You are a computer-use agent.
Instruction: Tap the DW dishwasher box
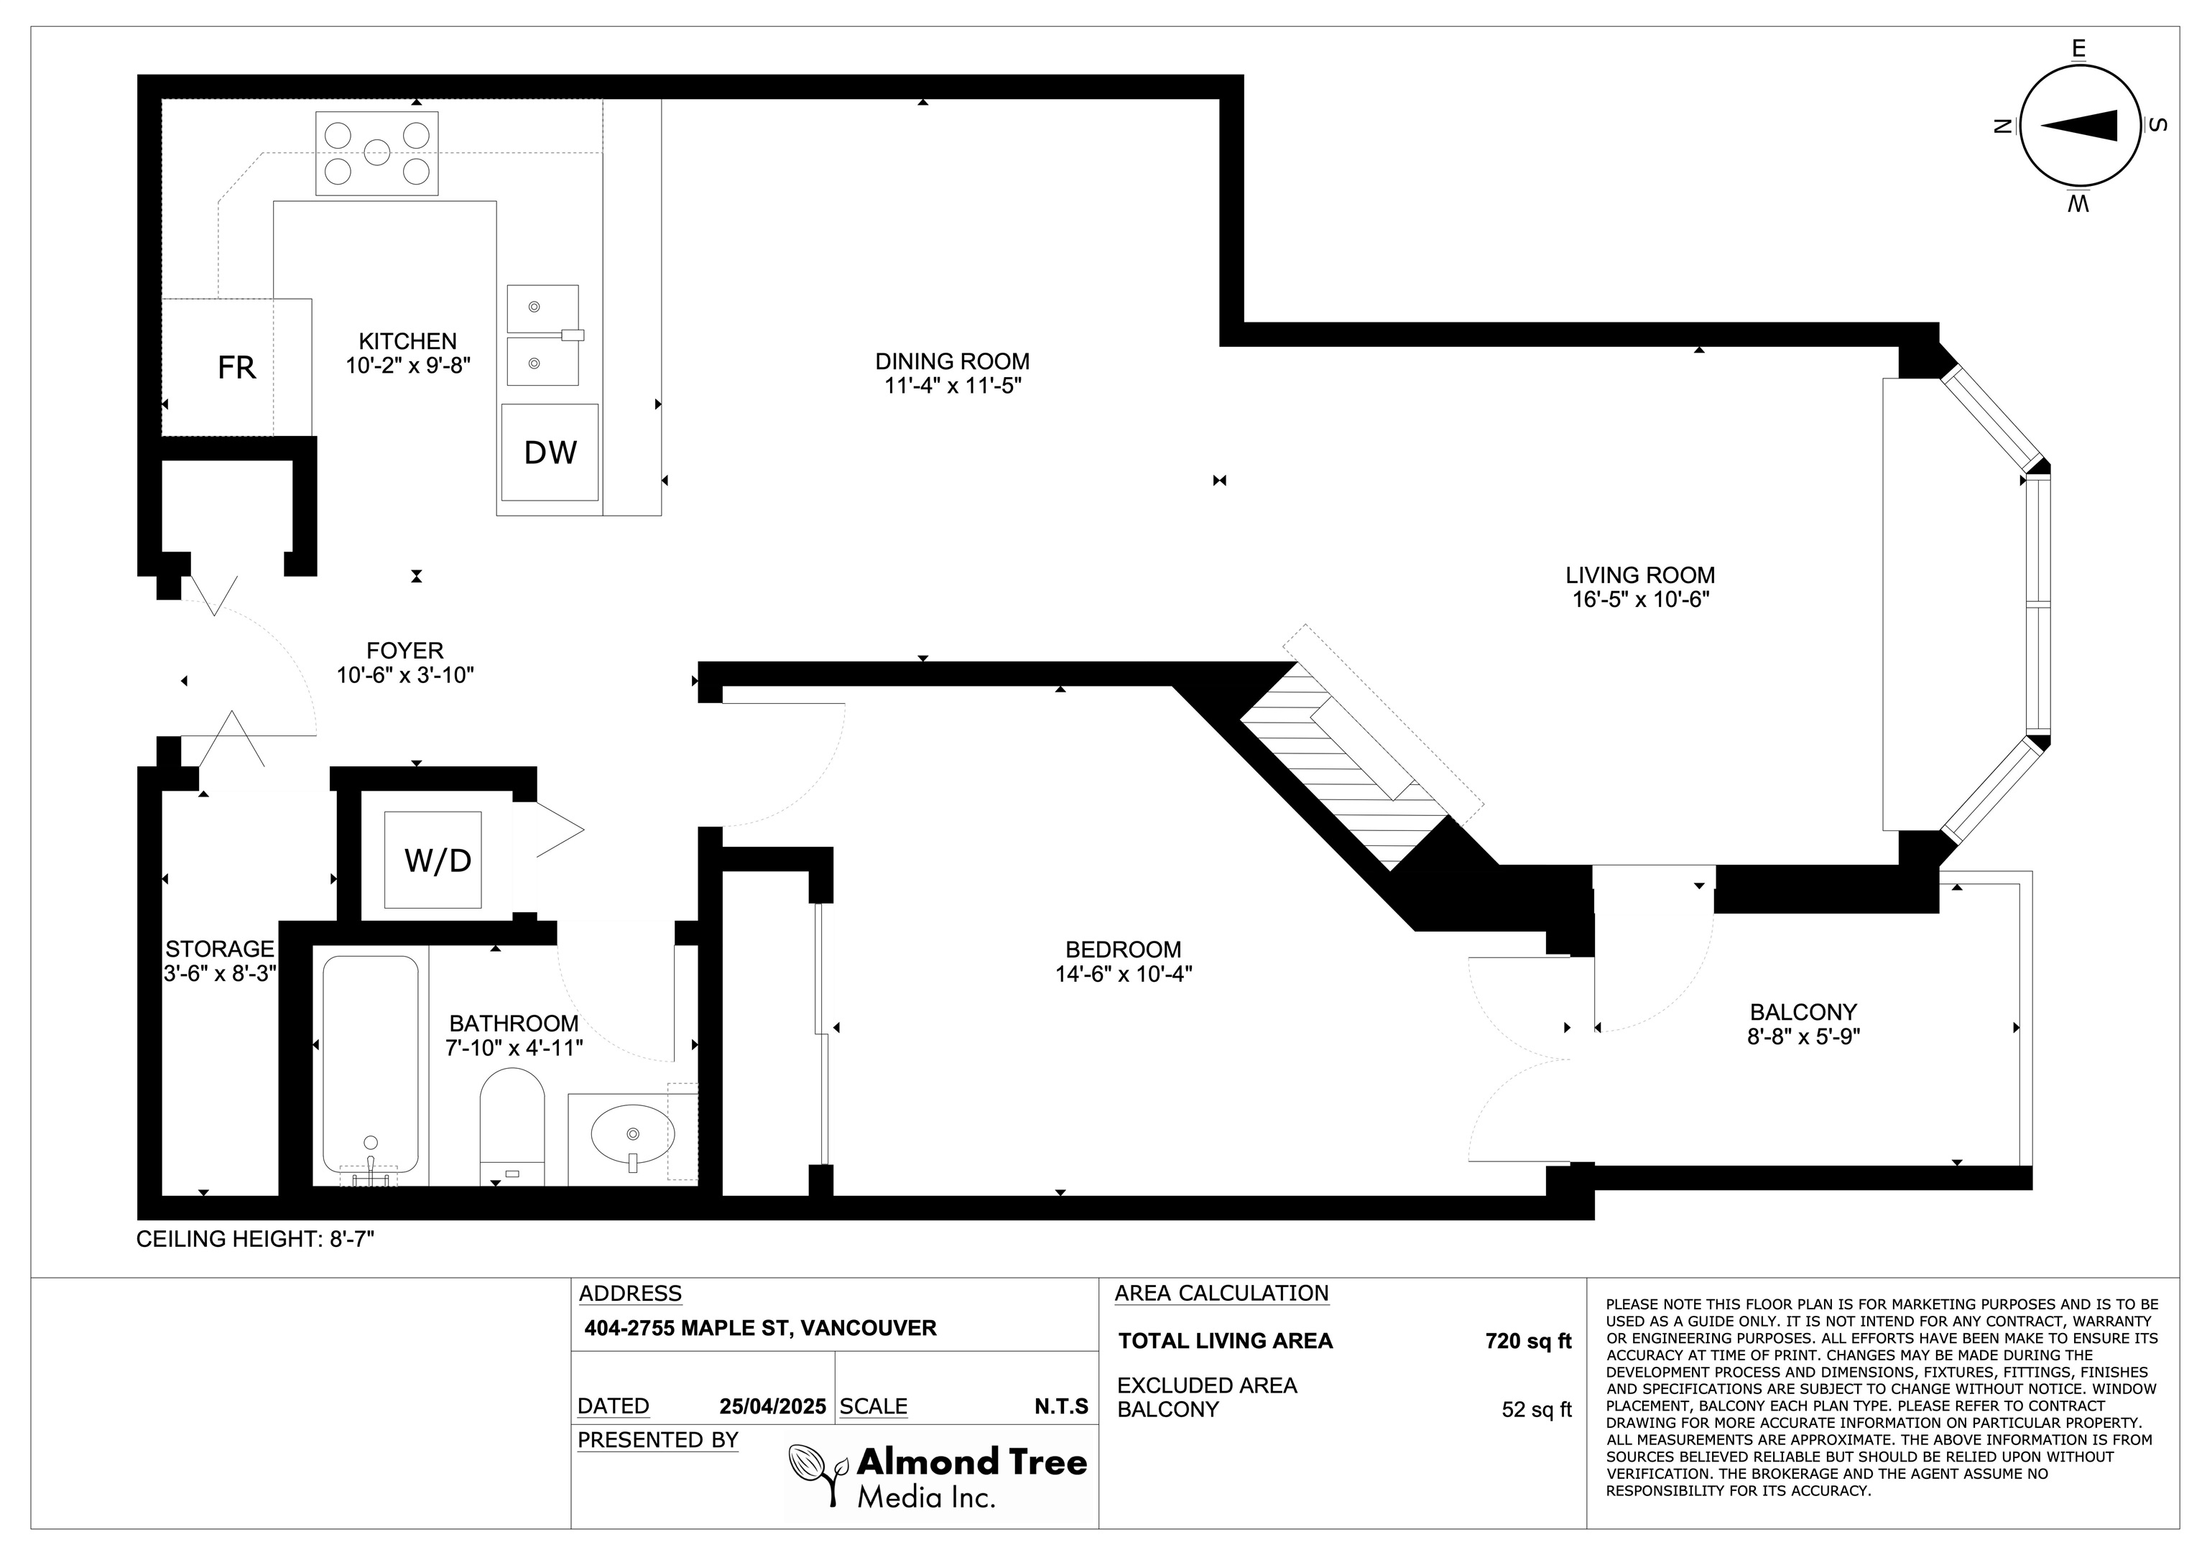(x=550, y=452)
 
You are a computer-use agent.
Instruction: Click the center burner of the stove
(x=376, y=152)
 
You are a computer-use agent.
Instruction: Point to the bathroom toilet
(x=512, y=1128)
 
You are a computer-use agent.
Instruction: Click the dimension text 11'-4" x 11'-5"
(x=953, y=386)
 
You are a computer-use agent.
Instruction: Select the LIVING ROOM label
(x=1640, y=575)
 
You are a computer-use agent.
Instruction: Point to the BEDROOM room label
(x=1123, y=950)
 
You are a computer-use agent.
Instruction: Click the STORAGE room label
(x=220, y=949)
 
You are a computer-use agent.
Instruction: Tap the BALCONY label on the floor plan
(x=1803, y=1012)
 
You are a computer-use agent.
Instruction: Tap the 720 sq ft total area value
(x=1528, y=1341)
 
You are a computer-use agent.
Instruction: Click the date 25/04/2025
(x=773, y=1406)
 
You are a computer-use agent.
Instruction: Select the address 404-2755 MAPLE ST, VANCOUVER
(x=760, y=1328)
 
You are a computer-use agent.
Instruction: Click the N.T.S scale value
(x=1061, y=1406)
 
